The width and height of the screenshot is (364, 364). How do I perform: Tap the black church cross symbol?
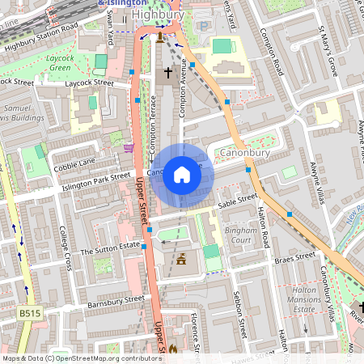(x=168, y=74)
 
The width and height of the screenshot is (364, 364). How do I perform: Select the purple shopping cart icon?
(x=129, y=148)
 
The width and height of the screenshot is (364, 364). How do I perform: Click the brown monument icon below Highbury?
(x=160, y=36)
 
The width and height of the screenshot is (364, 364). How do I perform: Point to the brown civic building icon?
(x=181, y=260)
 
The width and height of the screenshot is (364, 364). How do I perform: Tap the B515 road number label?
(x=30, y=311)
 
